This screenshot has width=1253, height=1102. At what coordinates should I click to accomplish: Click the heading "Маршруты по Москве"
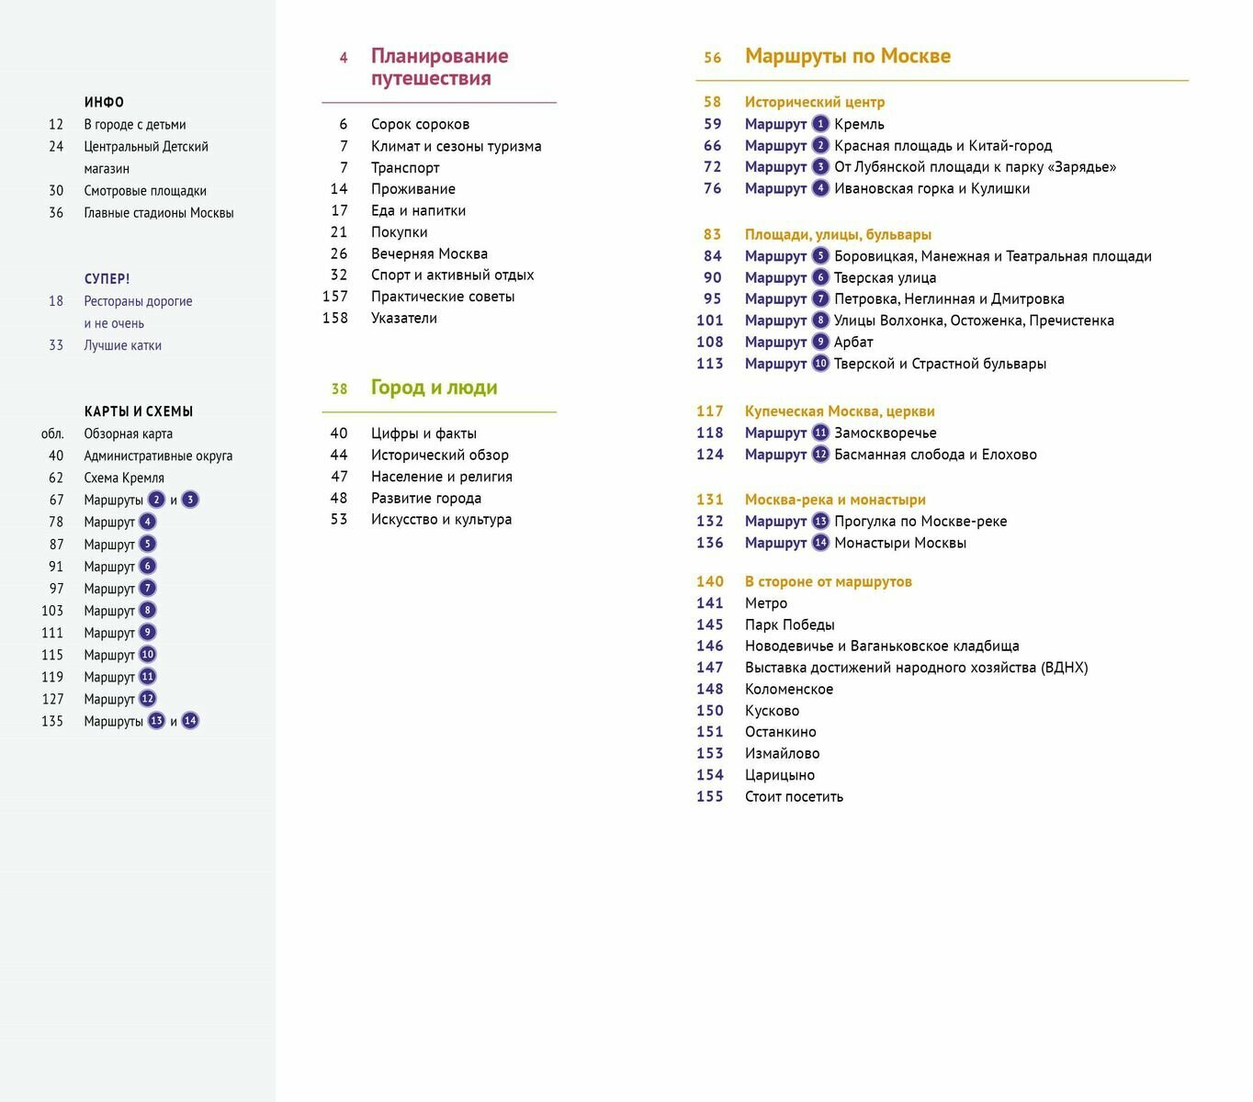click(847, 56)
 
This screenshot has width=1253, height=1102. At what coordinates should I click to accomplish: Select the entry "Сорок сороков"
click(420, 124)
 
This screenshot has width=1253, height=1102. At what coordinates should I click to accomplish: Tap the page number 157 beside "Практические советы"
click(335, 297)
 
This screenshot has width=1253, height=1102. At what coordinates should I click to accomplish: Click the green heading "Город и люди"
click(434, 388)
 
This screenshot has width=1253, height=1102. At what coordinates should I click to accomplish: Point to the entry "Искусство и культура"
click(441, 520)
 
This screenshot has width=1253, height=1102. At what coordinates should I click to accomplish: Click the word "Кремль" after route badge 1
click(859, 124)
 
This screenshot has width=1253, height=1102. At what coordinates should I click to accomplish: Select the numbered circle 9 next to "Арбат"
click(820, 342)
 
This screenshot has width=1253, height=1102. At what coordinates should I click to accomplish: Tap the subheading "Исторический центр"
click(814, 102)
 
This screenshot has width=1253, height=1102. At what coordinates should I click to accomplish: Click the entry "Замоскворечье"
click(885, 433)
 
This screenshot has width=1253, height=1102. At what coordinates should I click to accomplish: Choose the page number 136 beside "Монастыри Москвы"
click(710, 543)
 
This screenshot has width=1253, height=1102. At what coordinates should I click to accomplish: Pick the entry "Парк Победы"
click(789, 624)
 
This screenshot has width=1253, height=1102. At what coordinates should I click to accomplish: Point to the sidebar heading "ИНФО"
click(104, 102)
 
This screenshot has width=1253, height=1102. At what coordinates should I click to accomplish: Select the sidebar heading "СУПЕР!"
click(107, 278)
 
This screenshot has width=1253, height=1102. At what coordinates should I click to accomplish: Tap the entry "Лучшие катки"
click(122, 345)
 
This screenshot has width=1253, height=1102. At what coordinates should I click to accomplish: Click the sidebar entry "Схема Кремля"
click(124, 478)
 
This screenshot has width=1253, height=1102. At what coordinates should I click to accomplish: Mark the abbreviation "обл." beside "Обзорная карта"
click(52, 433)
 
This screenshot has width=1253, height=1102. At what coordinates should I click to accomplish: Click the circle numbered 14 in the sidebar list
click(190, 721)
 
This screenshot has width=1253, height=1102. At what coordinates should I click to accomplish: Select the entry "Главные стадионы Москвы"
click(158, 213)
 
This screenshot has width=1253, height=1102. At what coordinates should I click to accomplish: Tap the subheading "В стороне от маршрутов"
click(828, 581)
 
